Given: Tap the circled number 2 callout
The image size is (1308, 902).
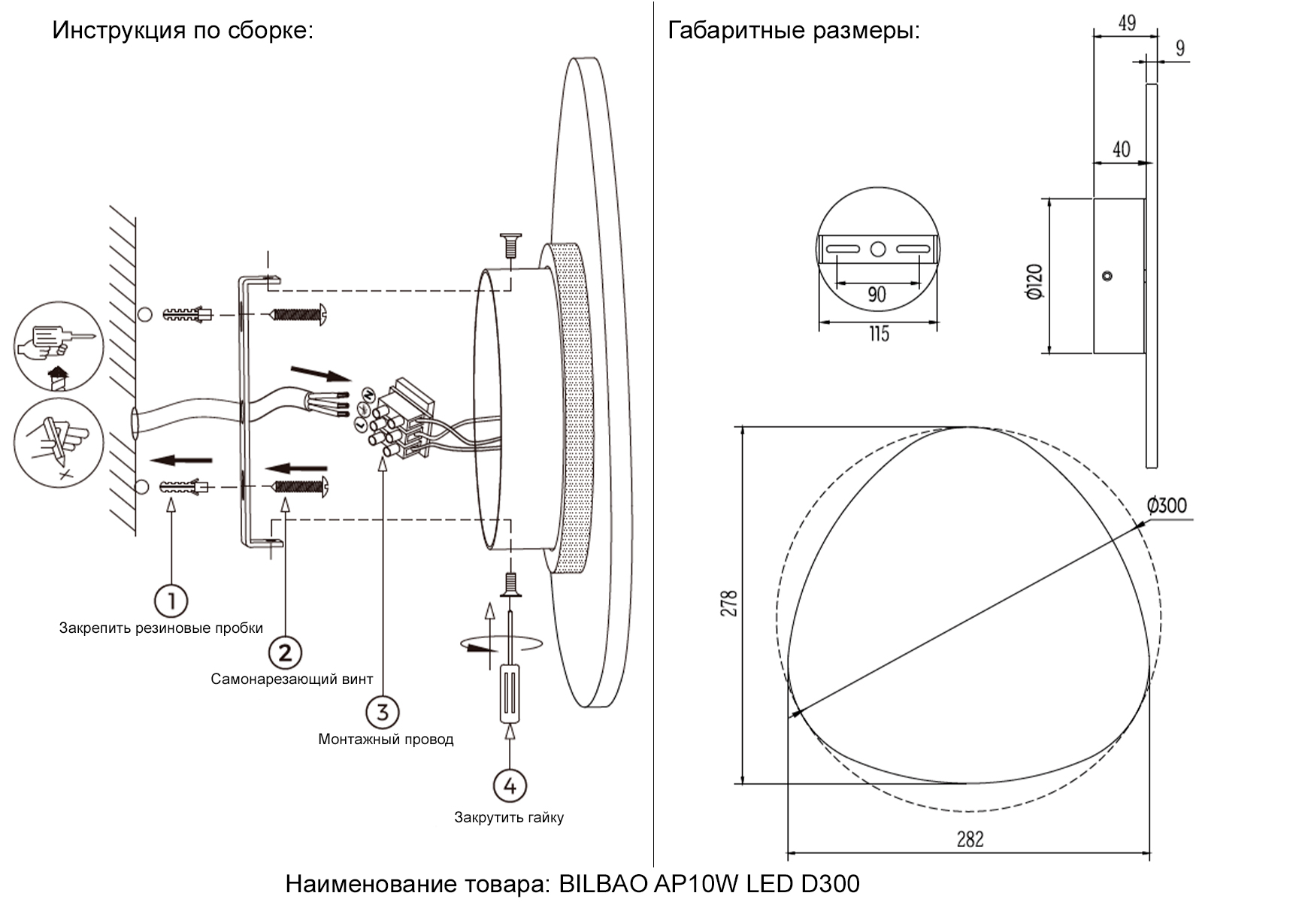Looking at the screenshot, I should click(x=284, y=652).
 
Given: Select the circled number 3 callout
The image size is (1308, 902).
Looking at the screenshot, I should click(x=383, y=711).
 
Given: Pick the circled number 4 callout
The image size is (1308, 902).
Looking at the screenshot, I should click(x=510, y=785).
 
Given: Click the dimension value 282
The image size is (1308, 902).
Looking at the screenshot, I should click(x=970, y=839).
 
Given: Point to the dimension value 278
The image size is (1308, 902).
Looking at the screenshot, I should click(x=728, y=604).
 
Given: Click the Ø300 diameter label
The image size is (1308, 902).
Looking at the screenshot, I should click(x=1167, y=505).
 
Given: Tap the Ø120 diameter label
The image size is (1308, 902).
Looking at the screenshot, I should click(x=1034, y=283).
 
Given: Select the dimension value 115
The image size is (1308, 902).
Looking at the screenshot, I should click(x=878, y=333).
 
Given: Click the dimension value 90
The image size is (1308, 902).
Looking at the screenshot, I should click(x=877, y=294).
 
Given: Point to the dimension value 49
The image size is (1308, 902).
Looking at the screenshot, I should click(x=1126, y=23).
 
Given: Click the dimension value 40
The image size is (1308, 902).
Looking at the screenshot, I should click(x=1121, y=150).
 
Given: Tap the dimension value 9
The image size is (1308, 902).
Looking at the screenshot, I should click(x=1180, y=48).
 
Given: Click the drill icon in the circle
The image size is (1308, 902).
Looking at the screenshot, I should click(x=59, y=347).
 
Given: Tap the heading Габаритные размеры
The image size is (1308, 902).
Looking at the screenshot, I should click(x=794, y=31).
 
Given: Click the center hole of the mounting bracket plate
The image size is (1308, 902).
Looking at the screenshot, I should click(x=877, y=249).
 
